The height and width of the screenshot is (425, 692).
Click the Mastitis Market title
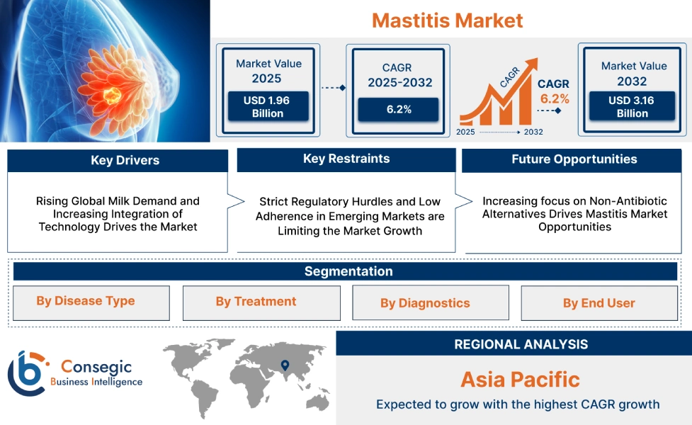pyautogui.click(x=447, y=20)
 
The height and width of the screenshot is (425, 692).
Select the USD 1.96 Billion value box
pyautogui.click(x=268, y=107)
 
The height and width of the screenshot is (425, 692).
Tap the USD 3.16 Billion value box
pyautogui.click(x=632, y=107)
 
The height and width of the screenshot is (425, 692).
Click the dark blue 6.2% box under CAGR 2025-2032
pyautogui.click(x=398, y=109)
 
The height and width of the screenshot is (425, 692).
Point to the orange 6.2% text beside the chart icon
pyautogui.click(x=555, y=98)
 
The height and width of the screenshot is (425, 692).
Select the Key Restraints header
pyautogui.click(x=346, y=159)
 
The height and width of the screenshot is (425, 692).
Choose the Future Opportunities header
pyautogui.click(x=574, y=159)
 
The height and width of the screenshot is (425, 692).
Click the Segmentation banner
pyautogui.click(x=348, y=271)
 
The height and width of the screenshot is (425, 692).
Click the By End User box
pyautogui.click(x=599, y=303)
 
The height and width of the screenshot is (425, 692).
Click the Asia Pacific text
pyautogui.click(x=520, y=379)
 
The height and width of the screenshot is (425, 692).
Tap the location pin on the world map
pyautogui.click(x=285, y=365)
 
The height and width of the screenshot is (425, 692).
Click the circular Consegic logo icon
pyautogui.click(x=26, y=373)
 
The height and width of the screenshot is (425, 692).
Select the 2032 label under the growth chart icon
pyautogui.click(x=533, y=132)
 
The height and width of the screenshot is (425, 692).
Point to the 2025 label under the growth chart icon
pyautogui.click(x=465, y=132)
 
